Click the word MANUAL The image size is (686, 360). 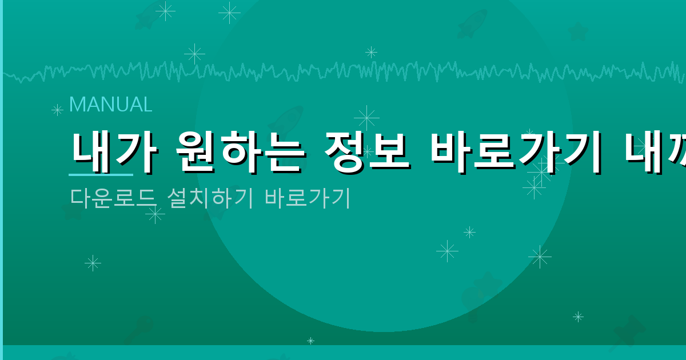110,105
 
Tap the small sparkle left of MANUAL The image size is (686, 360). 57,110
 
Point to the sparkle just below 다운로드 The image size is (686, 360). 155,214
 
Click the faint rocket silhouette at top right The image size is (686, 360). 472,24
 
